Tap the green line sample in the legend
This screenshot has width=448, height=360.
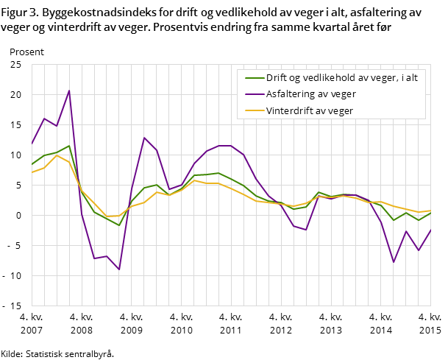coord(254,78)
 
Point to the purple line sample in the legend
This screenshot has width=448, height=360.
coord(254,94)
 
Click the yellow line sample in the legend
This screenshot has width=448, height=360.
coord(254,110)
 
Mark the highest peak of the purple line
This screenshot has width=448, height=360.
coord(69,91)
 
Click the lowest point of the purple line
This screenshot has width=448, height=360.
coord(119,269)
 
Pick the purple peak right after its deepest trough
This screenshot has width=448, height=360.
coord(144,138)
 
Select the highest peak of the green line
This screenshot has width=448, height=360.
coord(69,146)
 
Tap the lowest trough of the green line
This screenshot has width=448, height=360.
coord(119,225)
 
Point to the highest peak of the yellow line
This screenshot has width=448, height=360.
coord(57,155)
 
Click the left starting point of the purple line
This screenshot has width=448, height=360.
coord(32,144)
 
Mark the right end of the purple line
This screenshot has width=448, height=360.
coord(431,230)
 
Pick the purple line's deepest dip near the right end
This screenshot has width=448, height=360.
coord(394,262)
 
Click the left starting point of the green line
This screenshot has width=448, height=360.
coord(32,164)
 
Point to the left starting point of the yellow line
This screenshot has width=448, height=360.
coord(32,172)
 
